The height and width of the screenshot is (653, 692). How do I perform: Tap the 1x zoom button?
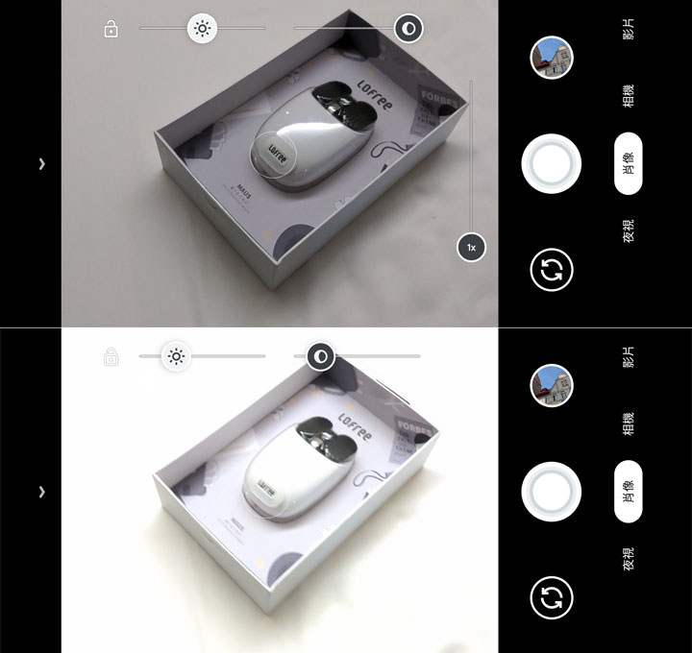[x=471, y=248]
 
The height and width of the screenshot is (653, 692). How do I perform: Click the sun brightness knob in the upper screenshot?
[x=202, y=29]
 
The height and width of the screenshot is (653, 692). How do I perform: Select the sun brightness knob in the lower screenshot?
[x=176, y=357]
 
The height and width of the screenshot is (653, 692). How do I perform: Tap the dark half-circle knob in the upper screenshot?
[x=408, y=29]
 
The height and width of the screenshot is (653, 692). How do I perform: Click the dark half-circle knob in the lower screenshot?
[x=321, y=357]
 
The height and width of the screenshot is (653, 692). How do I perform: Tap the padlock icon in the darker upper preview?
[x=111, y=29]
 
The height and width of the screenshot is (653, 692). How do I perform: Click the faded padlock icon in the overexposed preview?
[x=111, y=357]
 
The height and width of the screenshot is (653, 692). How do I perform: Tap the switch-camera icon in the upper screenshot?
[x=552, y=271]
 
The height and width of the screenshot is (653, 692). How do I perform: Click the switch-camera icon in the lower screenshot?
[x=552, y=598]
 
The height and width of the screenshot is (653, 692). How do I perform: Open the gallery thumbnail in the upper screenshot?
[x=552, y=58]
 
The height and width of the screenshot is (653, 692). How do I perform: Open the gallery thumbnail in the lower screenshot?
[x=552, y=386]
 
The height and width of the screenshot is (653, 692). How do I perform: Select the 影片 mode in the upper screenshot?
[x=628, y=29]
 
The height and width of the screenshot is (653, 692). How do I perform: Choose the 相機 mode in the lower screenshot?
[x=628, y=423]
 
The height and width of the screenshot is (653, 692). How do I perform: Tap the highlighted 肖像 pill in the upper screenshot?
[x=628, y=164]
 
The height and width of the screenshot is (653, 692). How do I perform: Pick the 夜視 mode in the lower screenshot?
[x=628, y=559]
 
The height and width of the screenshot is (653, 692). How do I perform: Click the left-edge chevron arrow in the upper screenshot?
[x=41, y=164]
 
